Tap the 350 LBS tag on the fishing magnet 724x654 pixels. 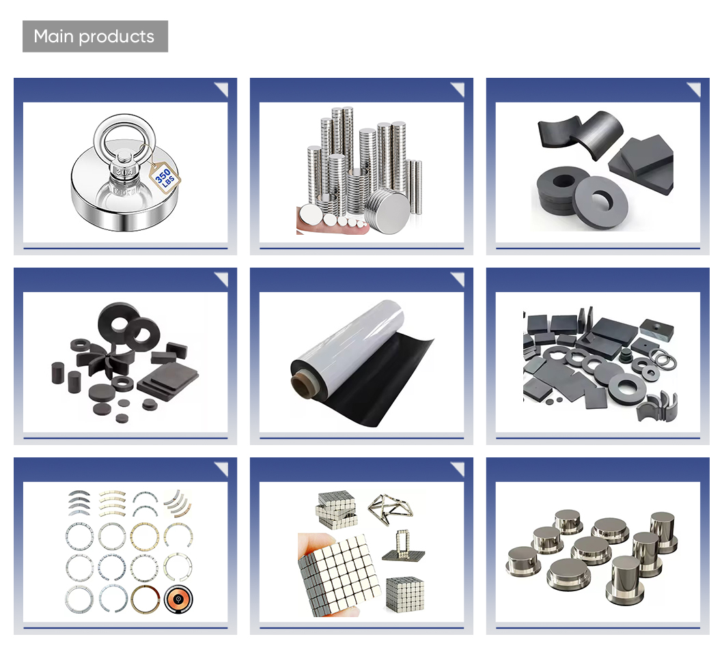[x=165, y=177]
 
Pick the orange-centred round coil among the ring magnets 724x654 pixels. [x=178, y=599]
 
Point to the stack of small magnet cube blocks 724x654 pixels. [x=337, y=509]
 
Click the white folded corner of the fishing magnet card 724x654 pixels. [x=223, y=89]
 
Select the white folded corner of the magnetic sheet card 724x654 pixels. [x=459, y=279]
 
